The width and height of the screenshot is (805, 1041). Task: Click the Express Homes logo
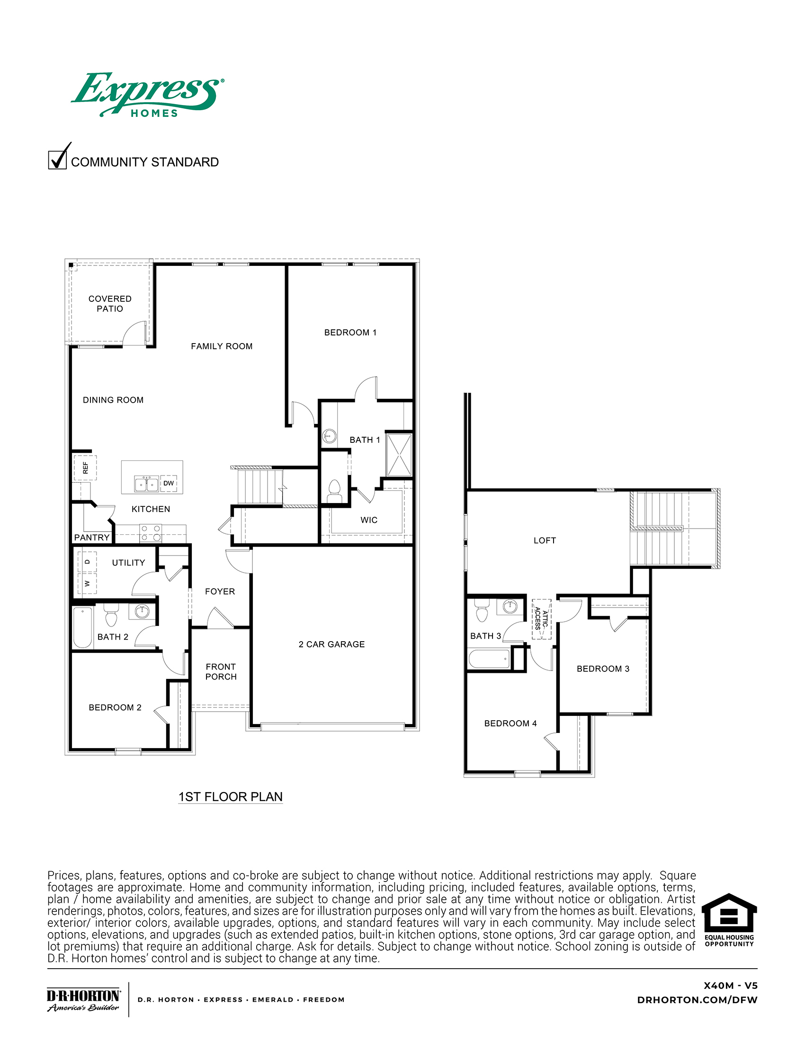[148, 94]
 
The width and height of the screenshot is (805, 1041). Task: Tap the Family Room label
[222, 346]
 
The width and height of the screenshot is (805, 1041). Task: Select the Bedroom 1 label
[350, 333]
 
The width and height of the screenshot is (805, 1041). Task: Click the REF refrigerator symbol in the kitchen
[85, 468]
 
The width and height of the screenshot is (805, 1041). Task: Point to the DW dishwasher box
[169, 483]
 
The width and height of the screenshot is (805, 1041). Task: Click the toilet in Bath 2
[111, 615]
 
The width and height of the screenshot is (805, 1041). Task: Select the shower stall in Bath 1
[399, 455]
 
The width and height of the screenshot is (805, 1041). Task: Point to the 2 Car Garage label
[332, 644]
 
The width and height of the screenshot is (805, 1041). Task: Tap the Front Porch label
[221, 671]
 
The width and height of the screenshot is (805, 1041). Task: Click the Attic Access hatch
[542, 619]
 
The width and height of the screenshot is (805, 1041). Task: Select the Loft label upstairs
[545, 540]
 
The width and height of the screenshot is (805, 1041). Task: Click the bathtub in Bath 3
[489, 659]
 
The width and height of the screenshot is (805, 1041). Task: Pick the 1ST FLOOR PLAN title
[231, 797]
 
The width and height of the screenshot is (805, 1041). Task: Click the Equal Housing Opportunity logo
[729, 920]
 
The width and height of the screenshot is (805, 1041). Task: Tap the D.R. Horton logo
[83, 999]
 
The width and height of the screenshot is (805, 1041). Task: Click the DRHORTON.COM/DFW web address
[697, 1000]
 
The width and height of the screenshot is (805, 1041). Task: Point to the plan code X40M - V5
[731, 986]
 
